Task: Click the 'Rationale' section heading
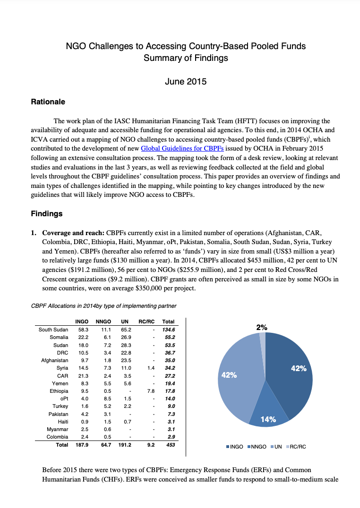[48, 102]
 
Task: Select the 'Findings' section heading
[47, 213]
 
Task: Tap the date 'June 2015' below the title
[186, 81]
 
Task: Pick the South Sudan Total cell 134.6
[169, 330]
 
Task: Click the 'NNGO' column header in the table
[103, 322]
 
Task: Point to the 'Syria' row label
[62, 368]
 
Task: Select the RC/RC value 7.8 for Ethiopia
[151, 391]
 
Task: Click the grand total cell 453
[171, 445]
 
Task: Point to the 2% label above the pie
[262, 327]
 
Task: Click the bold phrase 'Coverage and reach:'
[73, 233]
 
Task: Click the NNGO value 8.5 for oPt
[107, 398]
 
